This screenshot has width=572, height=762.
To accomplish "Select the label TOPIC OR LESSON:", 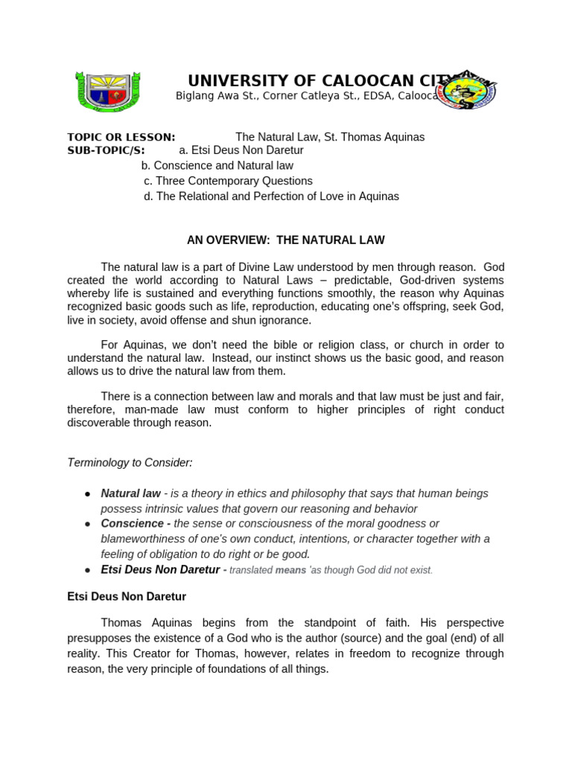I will (x=121, y=137).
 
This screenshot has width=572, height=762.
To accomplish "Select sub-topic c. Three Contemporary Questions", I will (x=228, y=181).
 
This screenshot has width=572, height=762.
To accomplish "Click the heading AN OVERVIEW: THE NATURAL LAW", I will (x=286, y=240).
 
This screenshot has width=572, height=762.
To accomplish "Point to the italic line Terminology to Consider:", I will (x=130, y=463).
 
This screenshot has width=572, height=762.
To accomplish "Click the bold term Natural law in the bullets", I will (x=130, y=493).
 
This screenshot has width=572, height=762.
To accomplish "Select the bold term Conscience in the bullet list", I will (x=131, y=524).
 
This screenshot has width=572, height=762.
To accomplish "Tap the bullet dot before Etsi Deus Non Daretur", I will (x=88, y=570).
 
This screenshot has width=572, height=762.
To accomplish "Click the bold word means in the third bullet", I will (x=290, y=570).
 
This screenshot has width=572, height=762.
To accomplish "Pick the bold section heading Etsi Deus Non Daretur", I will (x=127, y=596).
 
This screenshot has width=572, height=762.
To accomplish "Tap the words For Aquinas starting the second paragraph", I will (x=127, y=345).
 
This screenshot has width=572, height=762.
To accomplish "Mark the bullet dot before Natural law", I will (x=88, y=494).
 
